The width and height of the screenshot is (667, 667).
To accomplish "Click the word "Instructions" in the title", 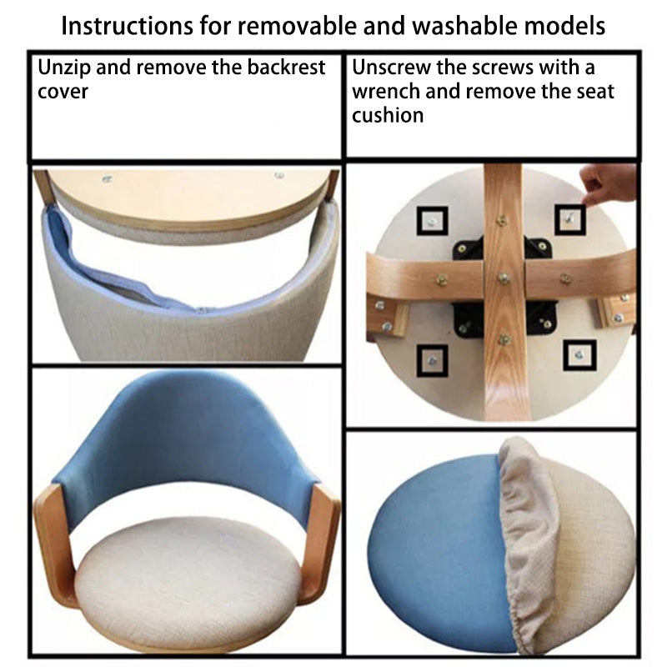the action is [128, 27].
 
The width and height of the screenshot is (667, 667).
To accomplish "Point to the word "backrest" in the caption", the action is [286, 68].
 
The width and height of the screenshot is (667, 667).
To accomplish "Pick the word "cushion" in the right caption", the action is [388, 115].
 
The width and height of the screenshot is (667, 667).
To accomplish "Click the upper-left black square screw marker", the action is [432, 221].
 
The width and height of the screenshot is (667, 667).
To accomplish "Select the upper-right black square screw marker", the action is [570, 219].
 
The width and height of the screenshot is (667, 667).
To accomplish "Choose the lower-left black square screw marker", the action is [432, 361].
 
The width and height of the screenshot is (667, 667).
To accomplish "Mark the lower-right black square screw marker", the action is [579, 355].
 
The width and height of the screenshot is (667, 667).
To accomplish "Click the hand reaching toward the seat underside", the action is [608, 183].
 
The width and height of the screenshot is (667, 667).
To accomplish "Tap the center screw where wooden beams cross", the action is [504, 278].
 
